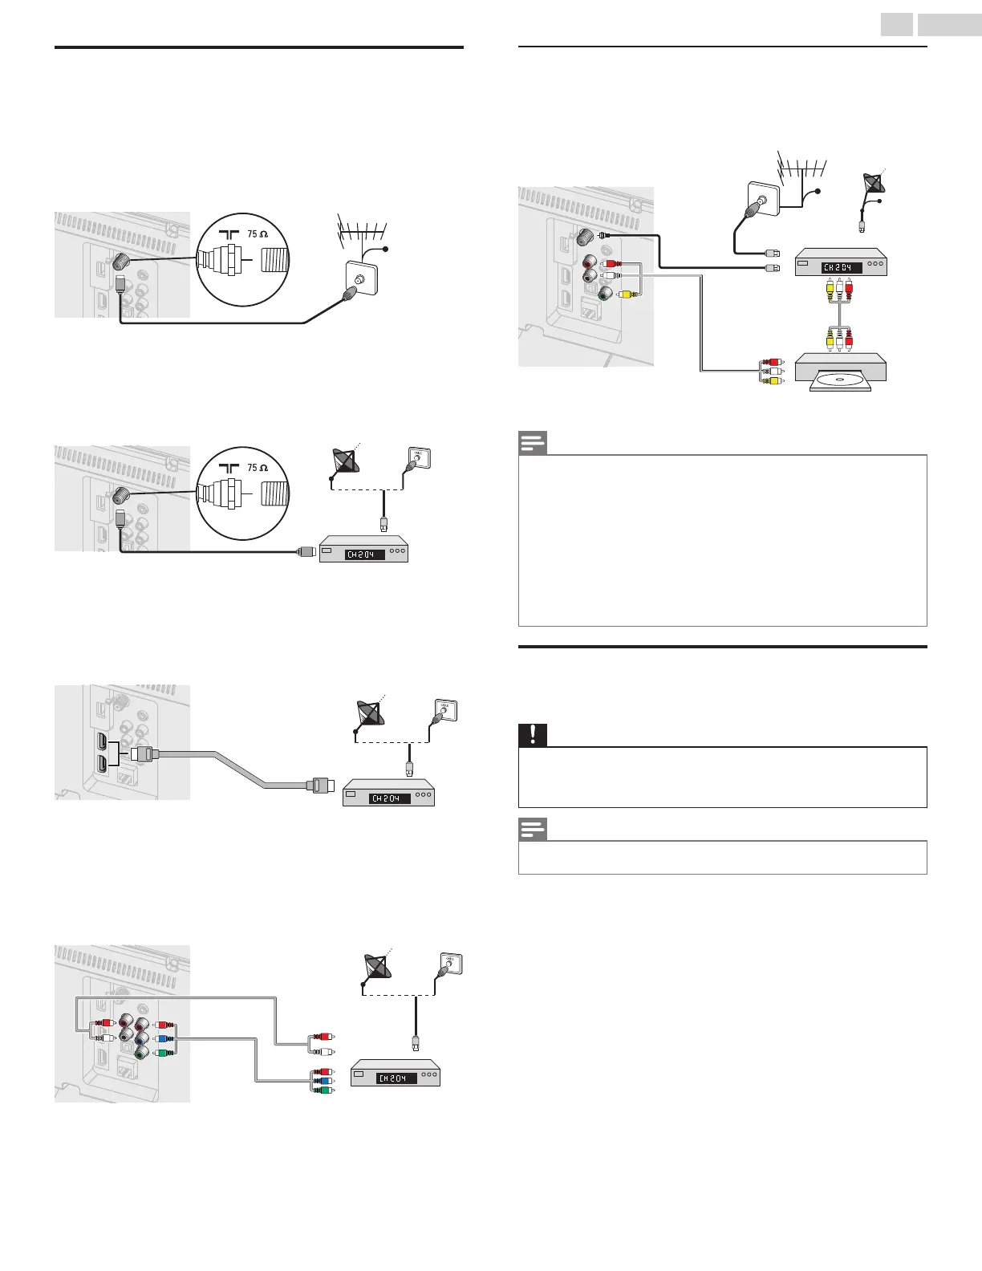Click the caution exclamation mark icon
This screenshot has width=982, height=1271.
click(532, 735)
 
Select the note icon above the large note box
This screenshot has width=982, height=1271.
click(532, 443)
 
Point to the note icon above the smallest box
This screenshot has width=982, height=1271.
click(532, 829)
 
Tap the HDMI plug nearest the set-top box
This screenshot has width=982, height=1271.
click(320, 785)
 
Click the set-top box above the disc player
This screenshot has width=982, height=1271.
click(840, 264)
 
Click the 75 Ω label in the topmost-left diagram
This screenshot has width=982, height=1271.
click(257, 234)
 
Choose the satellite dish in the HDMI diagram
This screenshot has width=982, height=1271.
click(369, 712)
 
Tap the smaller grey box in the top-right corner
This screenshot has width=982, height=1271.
click(896, 25)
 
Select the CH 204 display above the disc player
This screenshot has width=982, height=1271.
click(841, 267)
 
